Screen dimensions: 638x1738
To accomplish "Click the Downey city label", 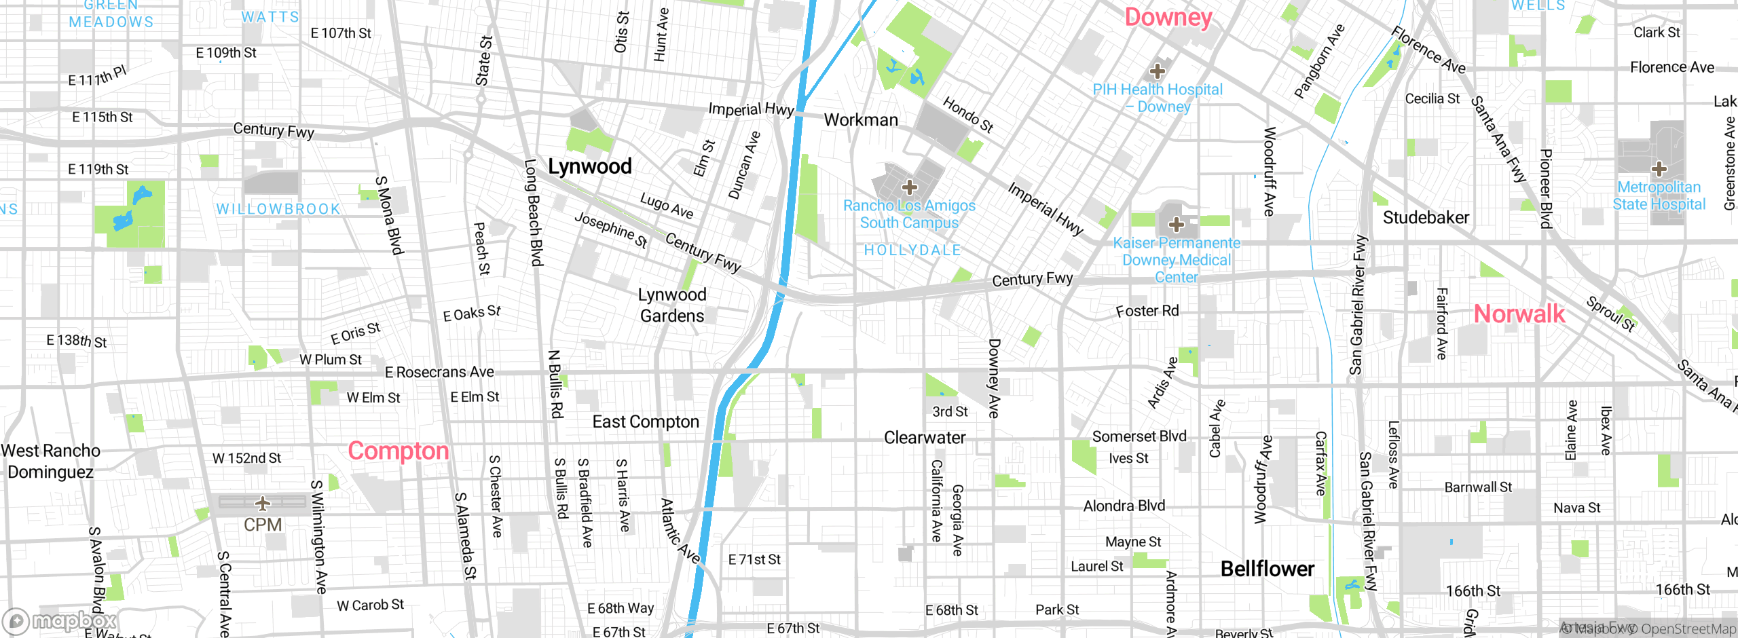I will [1168, 18].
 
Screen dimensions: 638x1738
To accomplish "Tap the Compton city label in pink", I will [398, 451].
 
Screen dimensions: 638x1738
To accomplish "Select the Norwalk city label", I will [1519, 314].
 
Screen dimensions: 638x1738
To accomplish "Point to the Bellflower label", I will [1267, 569].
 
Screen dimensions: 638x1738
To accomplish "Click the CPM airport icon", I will [263, 504].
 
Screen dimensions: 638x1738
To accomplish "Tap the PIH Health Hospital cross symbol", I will [1157, 71].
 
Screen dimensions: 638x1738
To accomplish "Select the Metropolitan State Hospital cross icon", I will [1659, 168].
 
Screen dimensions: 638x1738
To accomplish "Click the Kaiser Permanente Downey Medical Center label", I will [1176, 260].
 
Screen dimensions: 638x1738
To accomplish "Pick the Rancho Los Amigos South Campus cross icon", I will [909, 187].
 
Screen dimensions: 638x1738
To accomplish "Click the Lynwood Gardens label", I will [672, 305].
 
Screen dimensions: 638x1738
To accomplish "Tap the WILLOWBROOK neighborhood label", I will [278, 209].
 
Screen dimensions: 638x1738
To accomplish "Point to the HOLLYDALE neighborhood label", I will [912, 250].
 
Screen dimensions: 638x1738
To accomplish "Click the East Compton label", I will [645, 422].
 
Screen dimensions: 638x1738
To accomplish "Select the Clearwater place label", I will [924, 438].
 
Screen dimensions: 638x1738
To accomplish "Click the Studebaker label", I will [1426, 218].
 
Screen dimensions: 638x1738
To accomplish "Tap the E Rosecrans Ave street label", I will [439, 372].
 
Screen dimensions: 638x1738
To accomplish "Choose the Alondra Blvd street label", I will [1124, 506].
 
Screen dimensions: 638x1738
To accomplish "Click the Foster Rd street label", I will [1147, 311].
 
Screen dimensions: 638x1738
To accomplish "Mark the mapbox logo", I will [60, 621].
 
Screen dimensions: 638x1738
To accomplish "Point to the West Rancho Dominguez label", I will [50, 462].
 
